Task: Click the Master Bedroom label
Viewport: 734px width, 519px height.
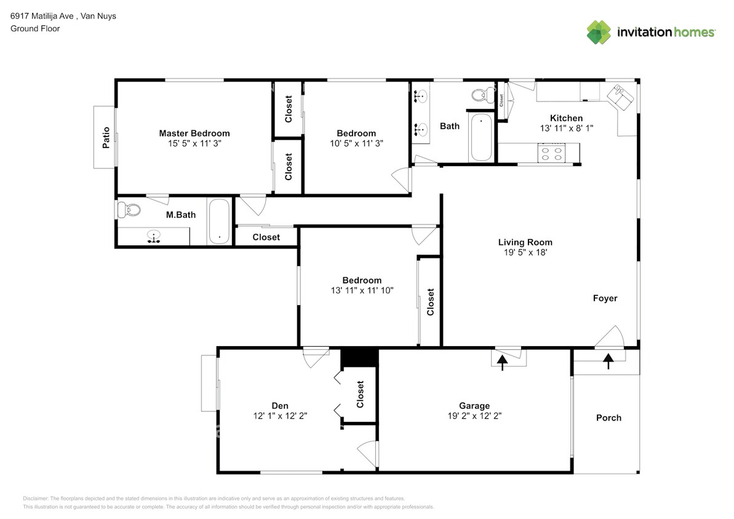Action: (x=194, y=133)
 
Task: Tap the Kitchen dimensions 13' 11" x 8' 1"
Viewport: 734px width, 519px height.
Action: (x=567, y=129)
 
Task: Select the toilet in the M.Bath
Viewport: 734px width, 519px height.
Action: (x=129, y=209)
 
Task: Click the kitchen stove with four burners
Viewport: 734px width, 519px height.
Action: (x=551, y=154)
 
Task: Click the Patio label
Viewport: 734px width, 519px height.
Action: (x=106, y=138)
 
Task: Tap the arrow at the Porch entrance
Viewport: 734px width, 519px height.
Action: (x=608, y=361)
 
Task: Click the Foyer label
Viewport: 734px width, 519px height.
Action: (x=605, y=298)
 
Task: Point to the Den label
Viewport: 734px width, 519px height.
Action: (x=280, y=406)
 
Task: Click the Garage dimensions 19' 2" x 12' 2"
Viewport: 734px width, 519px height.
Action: (x=474, y=416)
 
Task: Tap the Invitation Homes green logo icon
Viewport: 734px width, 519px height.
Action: (x=599, y=33)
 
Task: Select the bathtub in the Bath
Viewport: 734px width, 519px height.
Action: (x=481, y=137)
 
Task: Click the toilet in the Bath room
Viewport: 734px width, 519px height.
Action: (x=482, y=95)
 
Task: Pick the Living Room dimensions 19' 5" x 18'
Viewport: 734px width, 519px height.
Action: (x=525, y=252)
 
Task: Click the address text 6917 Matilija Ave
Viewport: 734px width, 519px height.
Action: (x=42, y=16)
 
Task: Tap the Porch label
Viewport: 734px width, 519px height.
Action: (x=608, y=418)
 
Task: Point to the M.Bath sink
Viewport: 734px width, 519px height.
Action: (x=154, y=236)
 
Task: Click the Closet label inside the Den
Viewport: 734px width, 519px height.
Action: (x=360, y=394)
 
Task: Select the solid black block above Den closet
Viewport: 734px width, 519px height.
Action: (x=359, y=358)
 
